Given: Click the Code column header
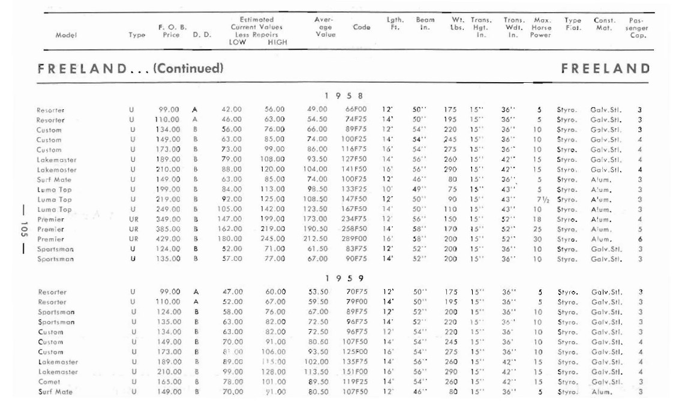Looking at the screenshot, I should point(362,27).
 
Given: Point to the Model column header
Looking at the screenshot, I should point(65,35).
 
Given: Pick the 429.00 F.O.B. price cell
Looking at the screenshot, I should point(169,239).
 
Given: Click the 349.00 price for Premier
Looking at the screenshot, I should point(169,219).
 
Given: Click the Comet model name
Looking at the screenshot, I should point(49,382).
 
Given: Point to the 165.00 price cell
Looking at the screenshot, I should point(169,382).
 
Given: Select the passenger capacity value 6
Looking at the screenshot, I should point(640,239).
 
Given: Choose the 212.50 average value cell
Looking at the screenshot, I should point(317,239).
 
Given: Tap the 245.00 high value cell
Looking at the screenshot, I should point(274,239).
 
